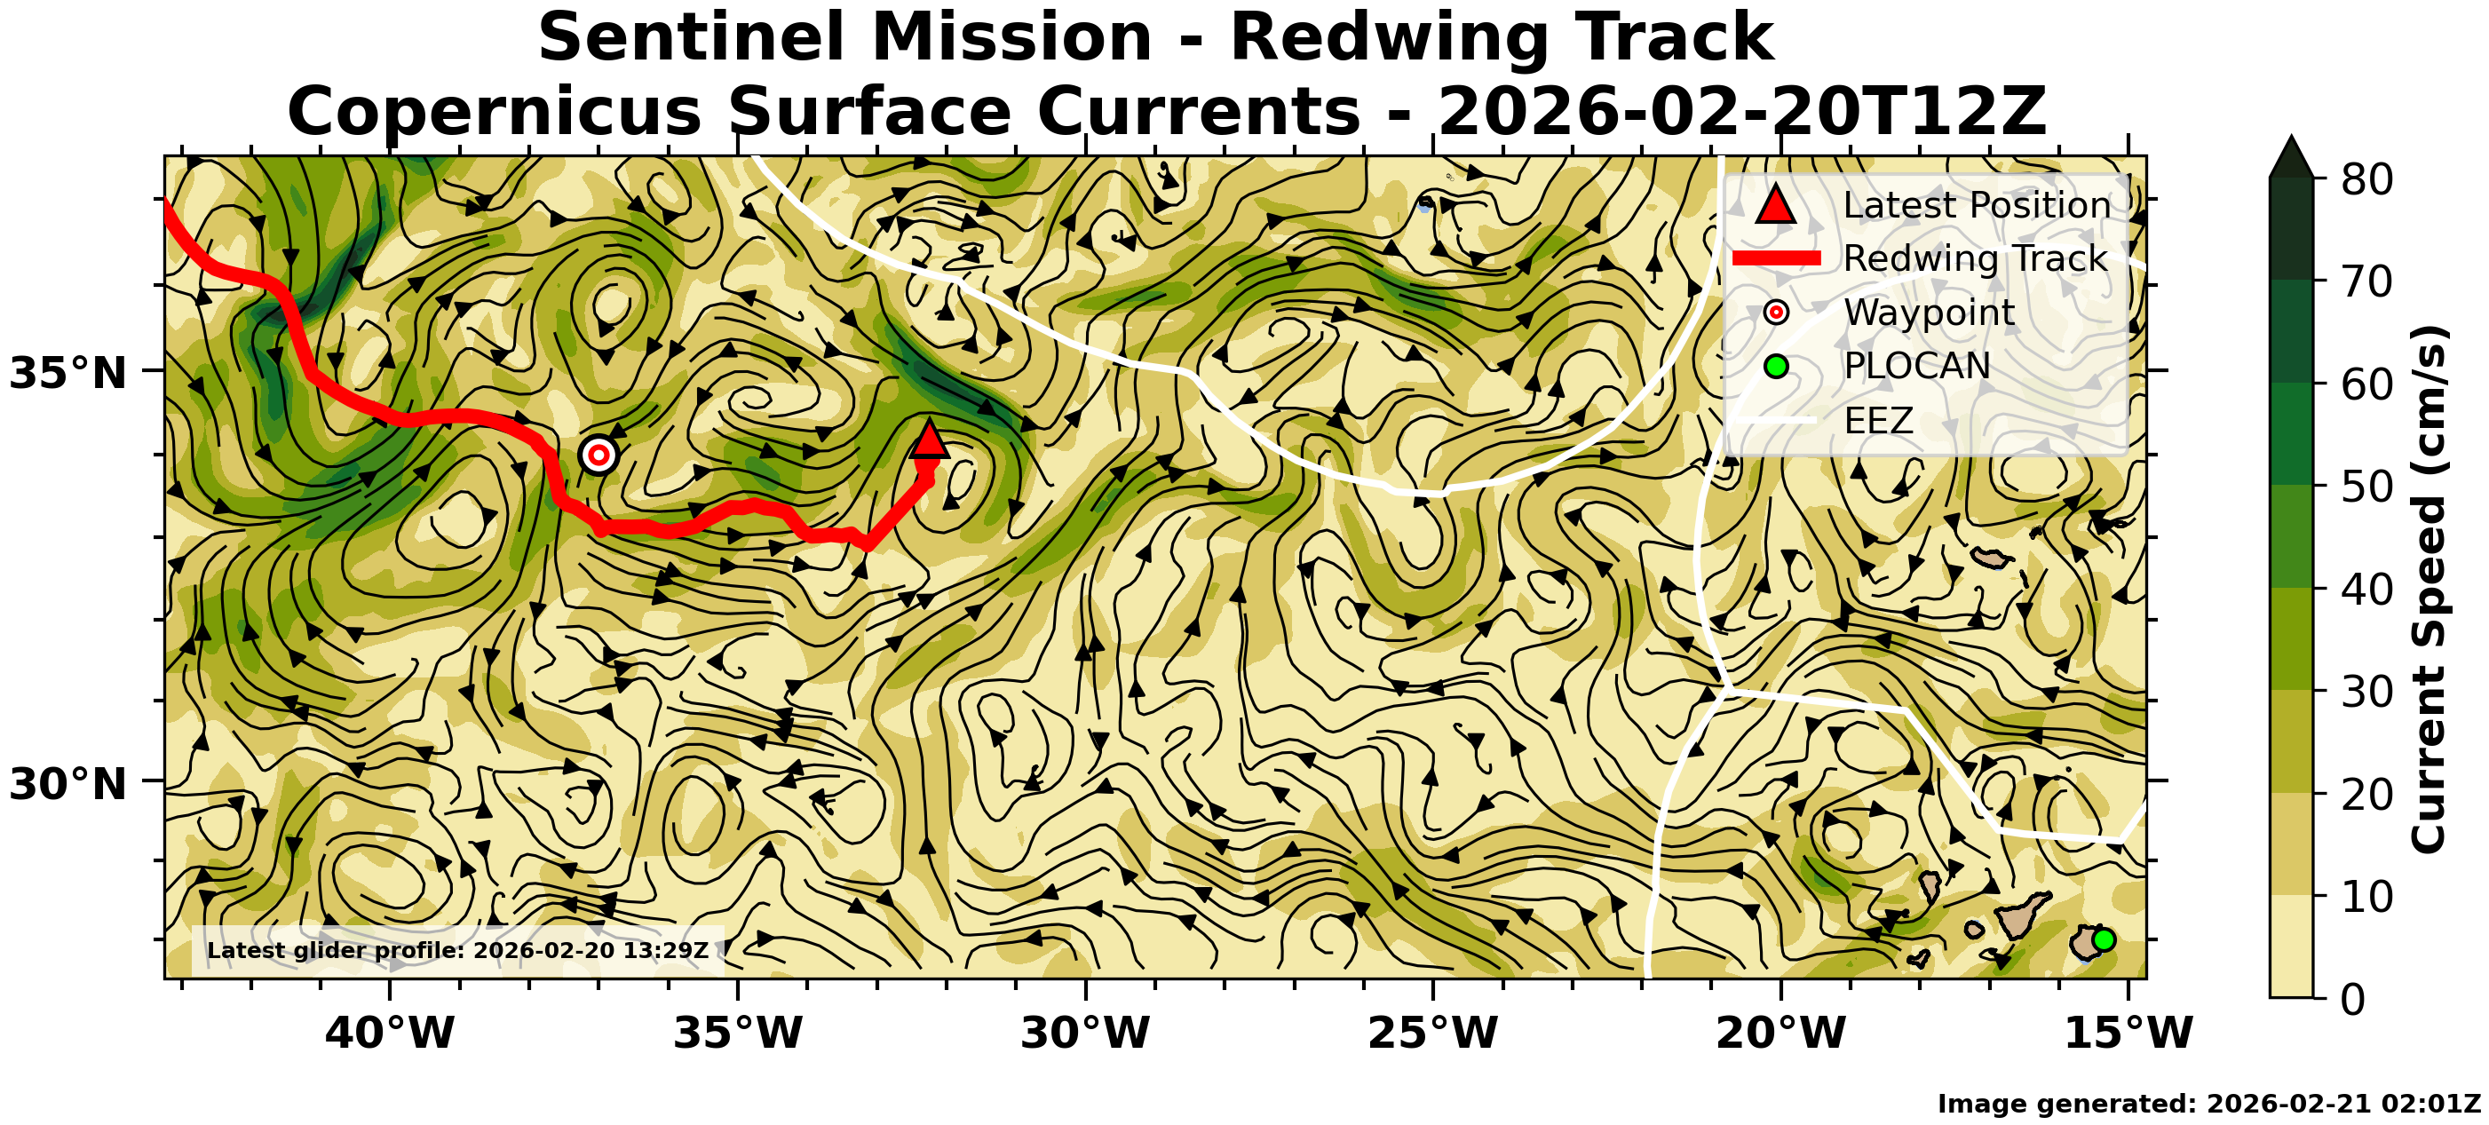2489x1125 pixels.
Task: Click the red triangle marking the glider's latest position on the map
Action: (929, 440)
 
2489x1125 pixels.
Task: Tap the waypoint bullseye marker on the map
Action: (599, 455)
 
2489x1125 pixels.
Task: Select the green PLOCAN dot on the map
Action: (2104, 939)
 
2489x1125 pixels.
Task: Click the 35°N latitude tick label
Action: (67, 373)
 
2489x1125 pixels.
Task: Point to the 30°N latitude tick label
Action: (67, 784)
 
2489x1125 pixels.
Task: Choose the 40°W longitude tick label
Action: (391, 1034)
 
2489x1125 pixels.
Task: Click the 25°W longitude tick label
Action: (1433, 1034)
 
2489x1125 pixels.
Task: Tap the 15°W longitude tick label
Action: (2128, 1034)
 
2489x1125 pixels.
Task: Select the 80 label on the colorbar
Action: (2366, 179)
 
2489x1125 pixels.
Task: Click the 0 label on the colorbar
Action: (2354, 998)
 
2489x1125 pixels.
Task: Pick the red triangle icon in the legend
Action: (1776, 205)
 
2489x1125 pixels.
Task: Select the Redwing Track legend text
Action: (1975, 258)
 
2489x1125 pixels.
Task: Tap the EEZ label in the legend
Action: (1878, 420)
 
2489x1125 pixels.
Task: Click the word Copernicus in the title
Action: (494, 111)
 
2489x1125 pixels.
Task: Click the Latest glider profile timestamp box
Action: (458, 950)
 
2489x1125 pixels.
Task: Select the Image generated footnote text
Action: (2208, 1104)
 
